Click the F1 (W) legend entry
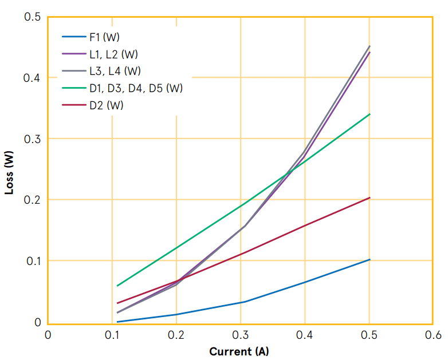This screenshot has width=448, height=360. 104,37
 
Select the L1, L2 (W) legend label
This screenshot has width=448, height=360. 113,54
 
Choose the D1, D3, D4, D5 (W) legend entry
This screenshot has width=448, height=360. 136,89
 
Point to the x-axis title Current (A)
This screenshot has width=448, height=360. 239,351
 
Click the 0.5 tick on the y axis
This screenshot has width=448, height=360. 32,17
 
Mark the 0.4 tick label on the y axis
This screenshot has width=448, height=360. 32,78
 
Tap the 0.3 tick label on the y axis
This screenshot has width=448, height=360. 32,139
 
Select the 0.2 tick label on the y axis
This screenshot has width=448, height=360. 32,200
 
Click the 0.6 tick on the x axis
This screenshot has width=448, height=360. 433,335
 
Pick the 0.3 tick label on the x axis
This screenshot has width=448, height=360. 241,335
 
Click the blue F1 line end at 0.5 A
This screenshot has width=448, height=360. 370,260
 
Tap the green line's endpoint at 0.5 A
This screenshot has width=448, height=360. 370,114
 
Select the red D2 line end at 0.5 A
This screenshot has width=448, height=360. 370,198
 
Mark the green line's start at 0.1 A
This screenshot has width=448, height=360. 117,286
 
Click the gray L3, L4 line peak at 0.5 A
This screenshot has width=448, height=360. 370,46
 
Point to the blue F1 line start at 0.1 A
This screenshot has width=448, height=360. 117,322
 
